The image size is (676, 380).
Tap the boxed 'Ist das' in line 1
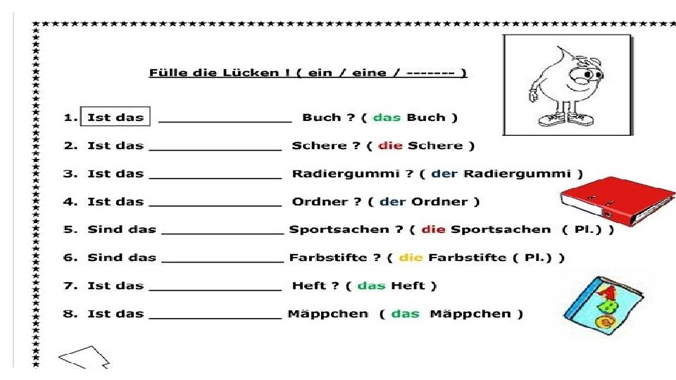click(x=115, y=118)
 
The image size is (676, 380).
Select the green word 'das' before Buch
click(x=387, y=118)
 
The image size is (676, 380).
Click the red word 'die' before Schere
click(x=390, y=146)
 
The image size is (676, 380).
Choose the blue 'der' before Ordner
click(x=392, y=202)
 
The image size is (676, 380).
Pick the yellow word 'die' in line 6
click(x=411, y=258)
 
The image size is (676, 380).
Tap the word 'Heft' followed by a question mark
click(x=309, y=286)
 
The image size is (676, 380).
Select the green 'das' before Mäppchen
click(x=405, y=314)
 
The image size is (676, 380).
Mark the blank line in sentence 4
click(x=215, y=205)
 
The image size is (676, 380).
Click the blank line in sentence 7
click(x=215, y=289)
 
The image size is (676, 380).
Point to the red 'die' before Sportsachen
click(x=434, y=229)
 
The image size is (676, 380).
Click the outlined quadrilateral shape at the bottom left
click(x=83, y=357)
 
